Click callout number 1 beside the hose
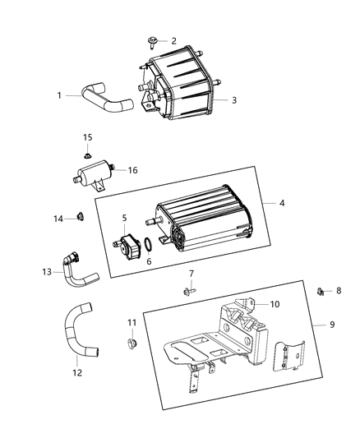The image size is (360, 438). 58,95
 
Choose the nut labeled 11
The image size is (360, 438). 130,342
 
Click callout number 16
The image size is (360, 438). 132,170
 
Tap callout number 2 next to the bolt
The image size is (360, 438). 173,40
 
